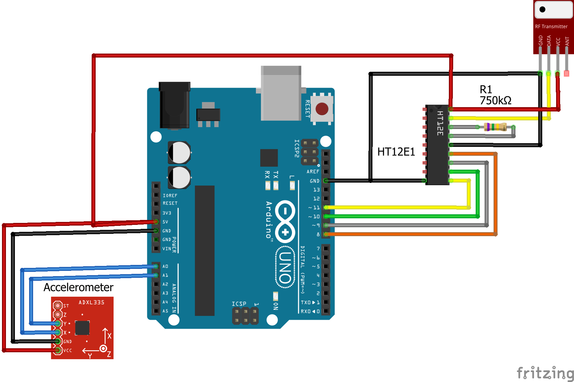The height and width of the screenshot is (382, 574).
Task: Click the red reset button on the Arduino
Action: [322, 109]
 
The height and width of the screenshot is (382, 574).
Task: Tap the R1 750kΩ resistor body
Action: [495, 127]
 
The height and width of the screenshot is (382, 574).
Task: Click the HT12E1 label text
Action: [396, 152]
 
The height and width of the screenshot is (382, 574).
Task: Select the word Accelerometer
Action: [78, 287]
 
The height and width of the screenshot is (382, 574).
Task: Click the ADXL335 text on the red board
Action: [91, 302]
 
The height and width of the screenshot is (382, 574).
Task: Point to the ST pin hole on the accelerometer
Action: [58, 306]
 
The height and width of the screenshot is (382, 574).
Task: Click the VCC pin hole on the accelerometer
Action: [58, 350]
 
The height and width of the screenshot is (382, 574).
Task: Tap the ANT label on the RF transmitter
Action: [567, 41]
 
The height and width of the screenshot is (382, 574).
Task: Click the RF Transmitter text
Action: [551, 26]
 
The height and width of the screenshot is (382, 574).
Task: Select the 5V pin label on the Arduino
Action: [165, 222]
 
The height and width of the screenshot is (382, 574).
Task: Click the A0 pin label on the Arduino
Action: [165, 266]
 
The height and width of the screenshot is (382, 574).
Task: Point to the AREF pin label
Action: [313, 172]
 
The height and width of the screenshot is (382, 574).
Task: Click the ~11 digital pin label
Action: [314, 208]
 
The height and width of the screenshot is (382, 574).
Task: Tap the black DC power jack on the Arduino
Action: [174, 105]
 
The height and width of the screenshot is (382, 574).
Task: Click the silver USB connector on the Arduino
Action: [281, 94]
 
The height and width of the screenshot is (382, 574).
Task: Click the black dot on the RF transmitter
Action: [542, 9]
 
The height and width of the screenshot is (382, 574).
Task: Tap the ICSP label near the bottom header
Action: [239, 304]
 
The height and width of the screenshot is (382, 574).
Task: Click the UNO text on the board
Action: [285, 268]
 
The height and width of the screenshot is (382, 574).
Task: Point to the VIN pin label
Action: [167, 249]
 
